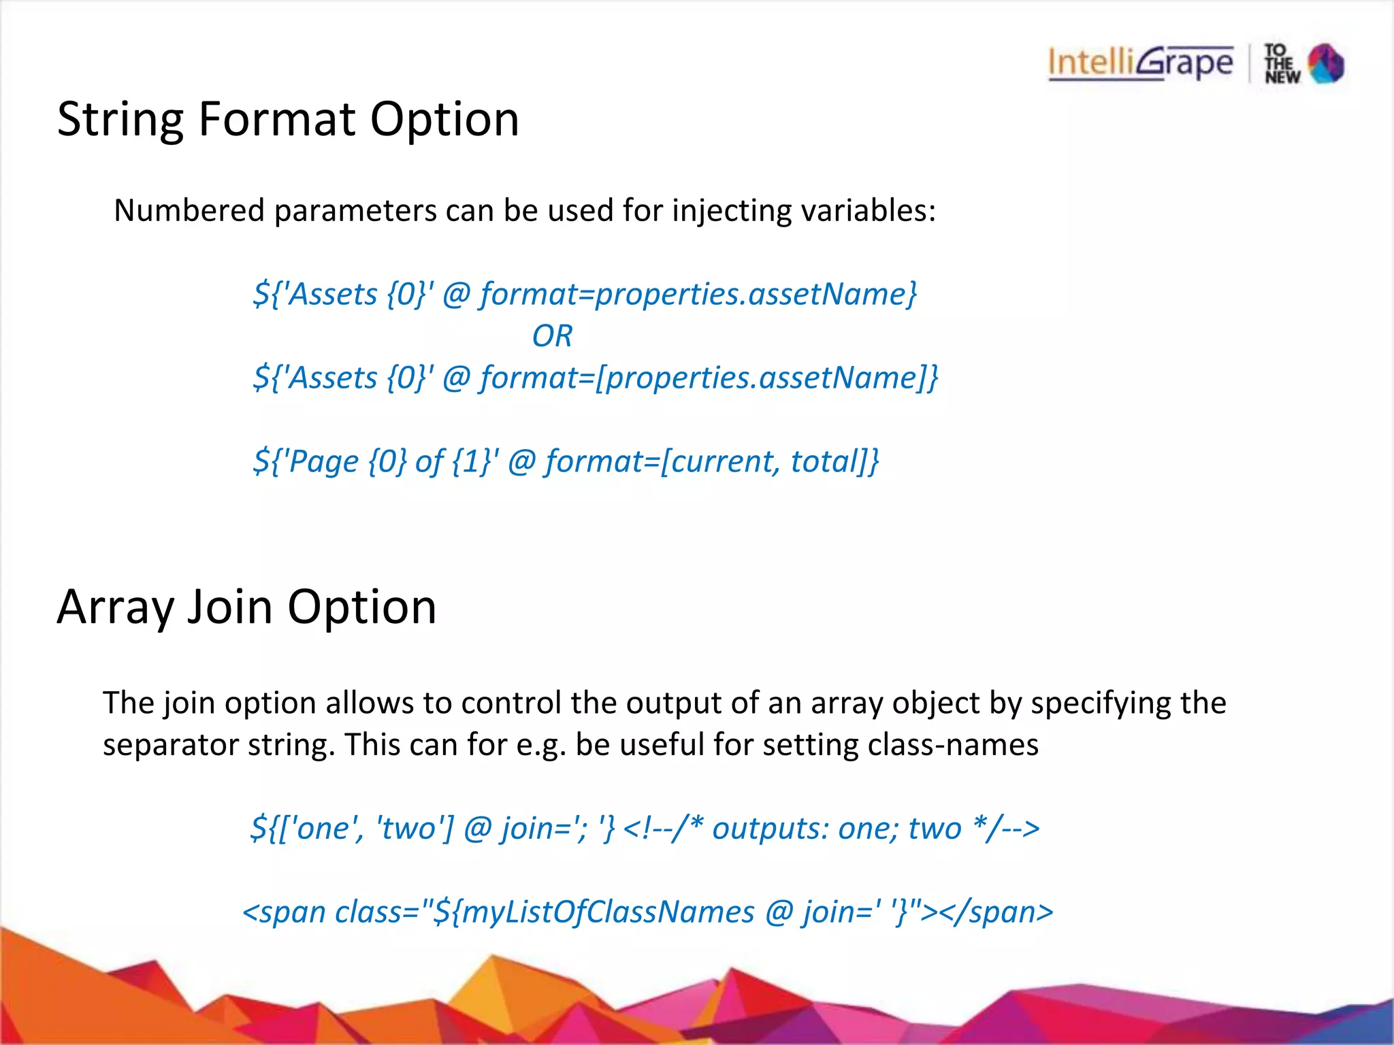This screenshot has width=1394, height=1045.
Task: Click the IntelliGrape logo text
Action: click(1140, 63)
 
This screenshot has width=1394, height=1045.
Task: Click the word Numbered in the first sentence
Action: click(189, 210)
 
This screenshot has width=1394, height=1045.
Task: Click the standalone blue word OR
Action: click(552, 336)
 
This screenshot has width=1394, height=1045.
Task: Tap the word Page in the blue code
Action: click(323, 462)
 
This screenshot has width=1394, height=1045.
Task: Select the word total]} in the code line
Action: click(834, 461)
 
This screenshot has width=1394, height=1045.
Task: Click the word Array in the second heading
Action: click(115, 608)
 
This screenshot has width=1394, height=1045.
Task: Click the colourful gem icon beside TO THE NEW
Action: click(1326, 64)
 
